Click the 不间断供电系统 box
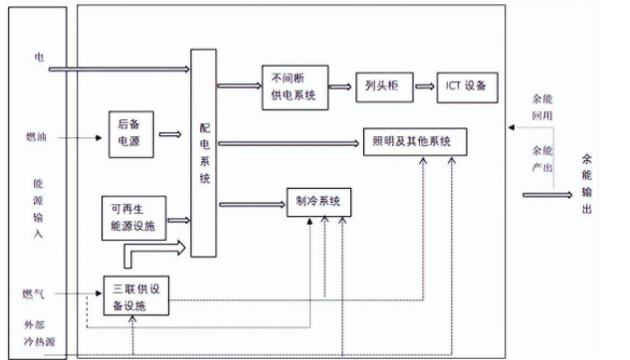pyautogui.click(x=293, y=86)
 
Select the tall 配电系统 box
pyautogui.click(x=205, y=154)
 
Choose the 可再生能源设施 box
pyautogui.click(x=132, y=216)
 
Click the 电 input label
pyautogui.click(x=39, y=58)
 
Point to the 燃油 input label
pyautogui.click(x=37, y=135)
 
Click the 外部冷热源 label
pyautogui.click(x=37, y=335)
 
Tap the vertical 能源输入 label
pyautogui.click(x=38, y=208)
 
